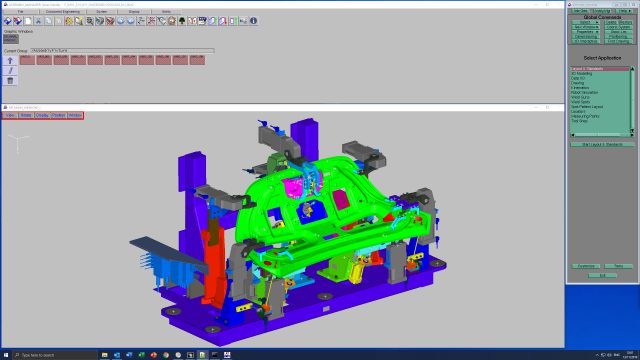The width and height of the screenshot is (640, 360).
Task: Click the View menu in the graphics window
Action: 10,115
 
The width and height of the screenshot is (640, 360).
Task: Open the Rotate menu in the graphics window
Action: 25,115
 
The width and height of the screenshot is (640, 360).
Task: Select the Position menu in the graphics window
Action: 58,115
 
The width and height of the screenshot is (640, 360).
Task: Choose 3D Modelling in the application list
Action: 581,74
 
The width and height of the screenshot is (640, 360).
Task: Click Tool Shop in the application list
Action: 579,120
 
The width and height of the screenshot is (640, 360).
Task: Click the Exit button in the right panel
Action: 602,275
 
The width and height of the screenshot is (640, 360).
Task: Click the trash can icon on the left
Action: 10,80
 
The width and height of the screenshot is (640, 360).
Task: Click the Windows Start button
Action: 5,355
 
